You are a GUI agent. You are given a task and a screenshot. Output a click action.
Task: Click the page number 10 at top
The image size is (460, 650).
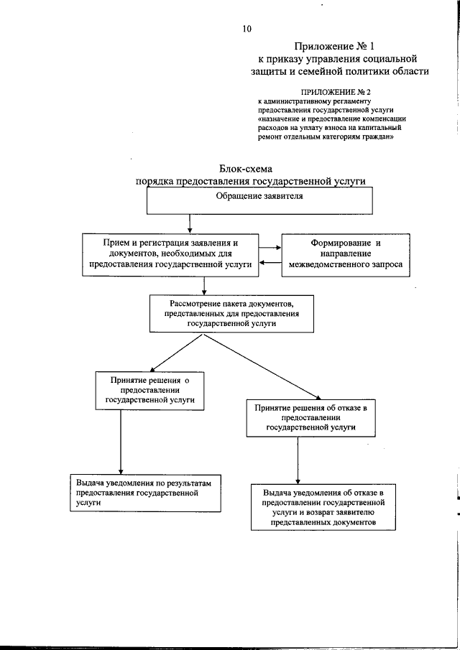click(x=247, y=29)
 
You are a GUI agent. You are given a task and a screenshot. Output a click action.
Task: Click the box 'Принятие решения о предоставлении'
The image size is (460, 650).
click(x=150, y=392)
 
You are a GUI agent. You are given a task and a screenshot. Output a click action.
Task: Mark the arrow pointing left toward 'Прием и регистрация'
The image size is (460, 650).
click(x=270, y=263)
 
